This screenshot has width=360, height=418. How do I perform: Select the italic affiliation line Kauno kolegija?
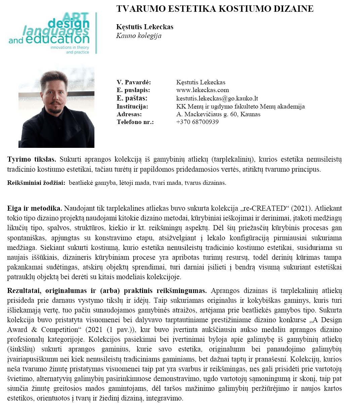[x=139, y=36]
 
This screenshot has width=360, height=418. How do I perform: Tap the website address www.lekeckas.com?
[x=203, y=90]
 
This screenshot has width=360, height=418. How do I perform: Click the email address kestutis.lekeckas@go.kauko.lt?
[x=217, y=98]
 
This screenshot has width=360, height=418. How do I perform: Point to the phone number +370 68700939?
[x=197, y=122]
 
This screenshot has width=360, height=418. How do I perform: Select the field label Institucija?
[x=132, y=106]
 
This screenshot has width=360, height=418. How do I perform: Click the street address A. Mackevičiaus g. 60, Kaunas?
[x=218, y=114]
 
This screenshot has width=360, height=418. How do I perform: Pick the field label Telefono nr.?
[x=135, y=122]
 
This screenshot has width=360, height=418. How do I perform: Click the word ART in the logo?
[x=76, y=17]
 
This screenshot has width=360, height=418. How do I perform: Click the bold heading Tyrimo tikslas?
[x=32, y=159]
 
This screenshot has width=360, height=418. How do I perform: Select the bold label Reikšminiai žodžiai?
[x=36, y=183]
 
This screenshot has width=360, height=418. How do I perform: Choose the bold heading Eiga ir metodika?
[x=35, y=208]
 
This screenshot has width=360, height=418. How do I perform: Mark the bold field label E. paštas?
[x=132, y=98]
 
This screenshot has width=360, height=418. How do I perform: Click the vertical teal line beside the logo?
[x=96, y=33]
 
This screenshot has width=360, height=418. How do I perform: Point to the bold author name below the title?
[x=145, y=27]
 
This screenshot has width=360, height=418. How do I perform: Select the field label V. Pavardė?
[x=134, y=82]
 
